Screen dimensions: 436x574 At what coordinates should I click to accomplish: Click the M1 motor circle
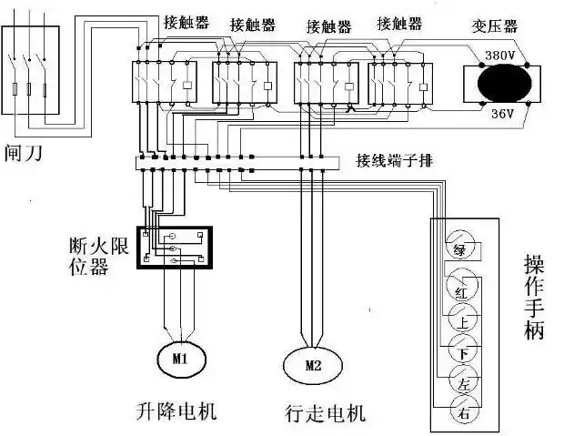point(178,359)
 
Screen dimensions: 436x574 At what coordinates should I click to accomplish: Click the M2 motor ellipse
point(313,367)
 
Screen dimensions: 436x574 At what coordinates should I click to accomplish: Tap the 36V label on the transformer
point(503,114)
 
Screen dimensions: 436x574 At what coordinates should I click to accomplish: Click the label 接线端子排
point(395,160)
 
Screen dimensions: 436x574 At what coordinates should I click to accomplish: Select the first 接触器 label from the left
point(182,22)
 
